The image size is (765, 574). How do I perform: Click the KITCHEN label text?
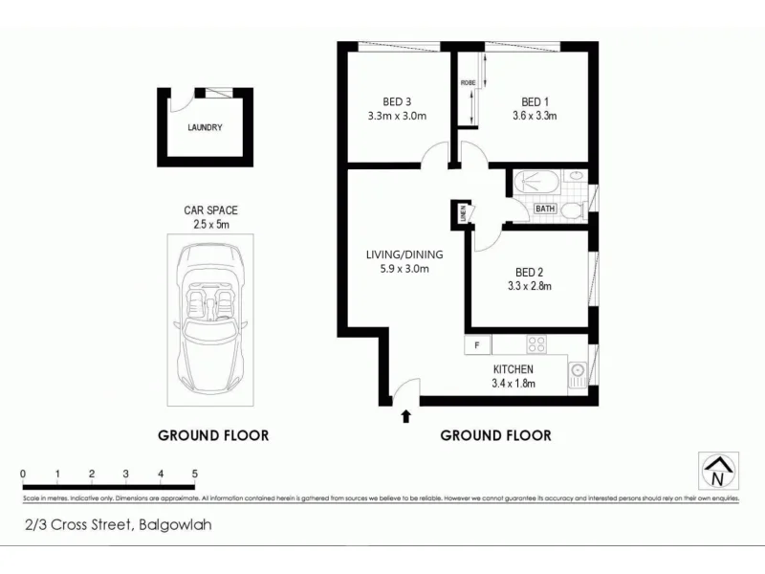pyautogui.click(x=513, y=369)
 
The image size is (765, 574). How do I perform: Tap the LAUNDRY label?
pyautogui.click(x=205, y=127)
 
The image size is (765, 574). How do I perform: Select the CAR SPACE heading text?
pyautogui.click(x=210, y=210)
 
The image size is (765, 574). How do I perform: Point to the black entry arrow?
pyautogui.click(x=406, y=416)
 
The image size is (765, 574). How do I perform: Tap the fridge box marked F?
pyautogui.click(x=476, y=344)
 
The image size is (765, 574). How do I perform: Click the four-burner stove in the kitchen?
pyautogui.click(x=536, y=345)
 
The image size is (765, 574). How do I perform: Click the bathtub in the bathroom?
pyautogui.click(x=535, y=182)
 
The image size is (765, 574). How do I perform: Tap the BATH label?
pyautogui.click(x=545, y=209)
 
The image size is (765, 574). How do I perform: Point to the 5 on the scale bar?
pyautogui.click(x=195, y=474)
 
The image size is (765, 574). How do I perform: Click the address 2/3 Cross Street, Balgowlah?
pyautogui.click(x=119, y=524)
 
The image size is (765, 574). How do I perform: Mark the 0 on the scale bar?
pyautogui.click(x=22, y=474)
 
